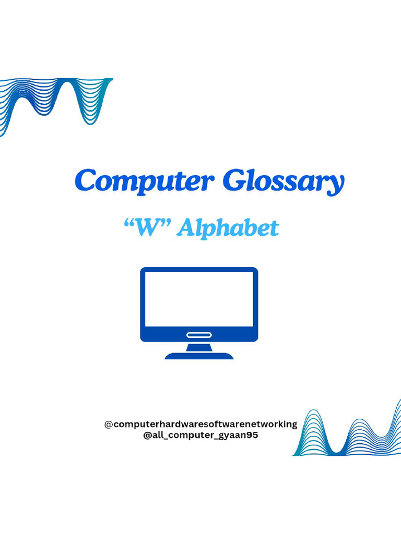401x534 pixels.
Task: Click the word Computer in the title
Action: (x=144, y=181)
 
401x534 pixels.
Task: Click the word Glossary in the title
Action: (x=284, y=182)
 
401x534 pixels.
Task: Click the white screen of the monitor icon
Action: (x=199, y=299)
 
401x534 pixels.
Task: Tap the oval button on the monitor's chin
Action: (x=199, y=335)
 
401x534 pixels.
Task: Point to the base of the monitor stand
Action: (x=199, y=356)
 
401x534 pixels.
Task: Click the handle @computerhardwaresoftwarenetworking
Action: (x=200, y=424)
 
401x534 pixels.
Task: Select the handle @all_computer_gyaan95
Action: (x=200, y=435)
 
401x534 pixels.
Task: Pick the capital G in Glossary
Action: (x=234, y=181)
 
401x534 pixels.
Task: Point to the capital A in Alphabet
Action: (x=186, y=228)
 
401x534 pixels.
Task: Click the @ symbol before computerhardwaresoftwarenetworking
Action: (x=109, y=424)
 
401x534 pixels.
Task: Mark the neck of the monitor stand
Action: (x=199, y=348)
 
